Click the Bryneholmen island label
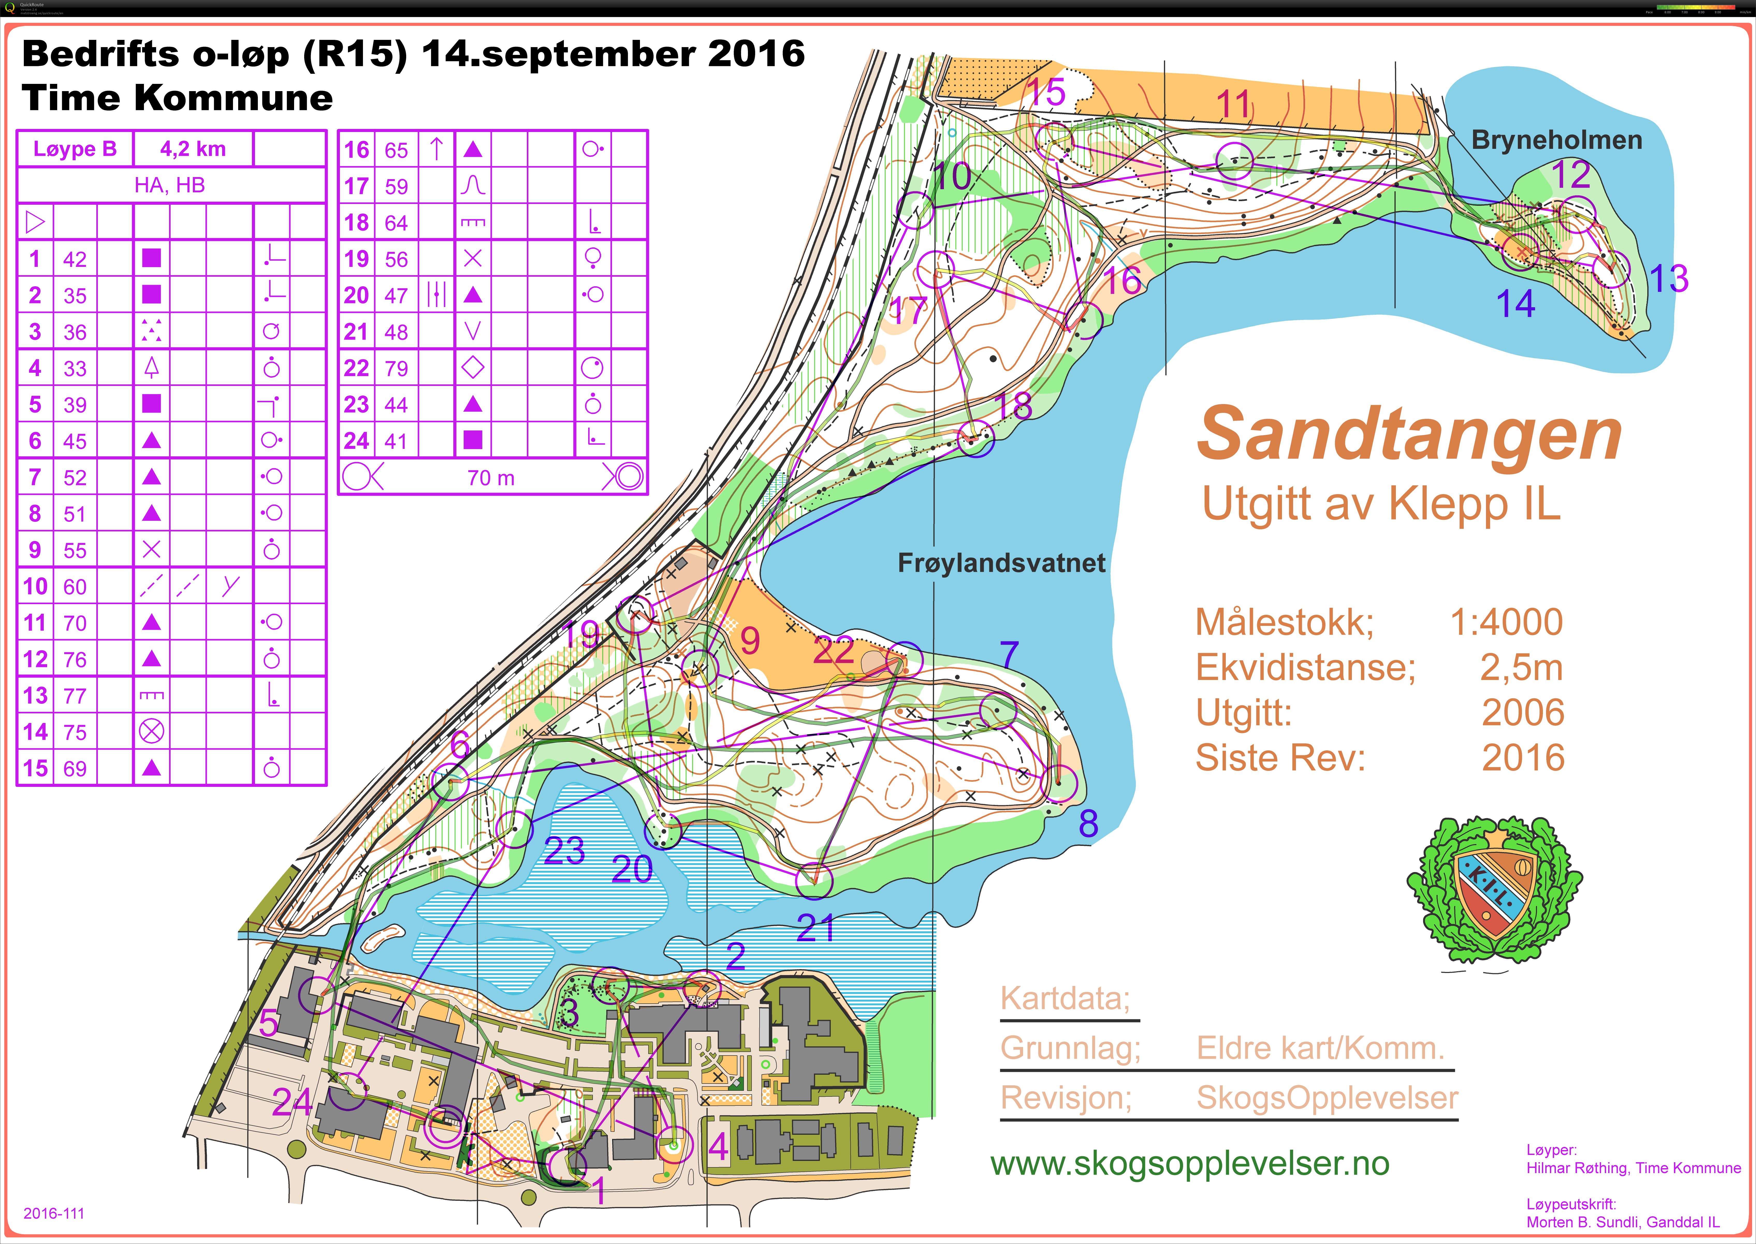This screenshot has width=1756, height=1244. point(1557,140)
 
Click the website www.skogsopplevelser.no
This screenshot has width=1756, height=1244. point(1190,1163)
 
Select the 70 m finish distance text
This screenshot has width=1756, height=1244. point(491,478)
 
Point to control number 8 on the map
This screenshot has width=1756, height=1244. point(1088,823)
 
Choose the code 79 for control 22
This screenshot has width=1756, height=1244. point(396,368)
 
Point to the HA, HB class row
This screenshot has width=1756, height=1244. point(170,185)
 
